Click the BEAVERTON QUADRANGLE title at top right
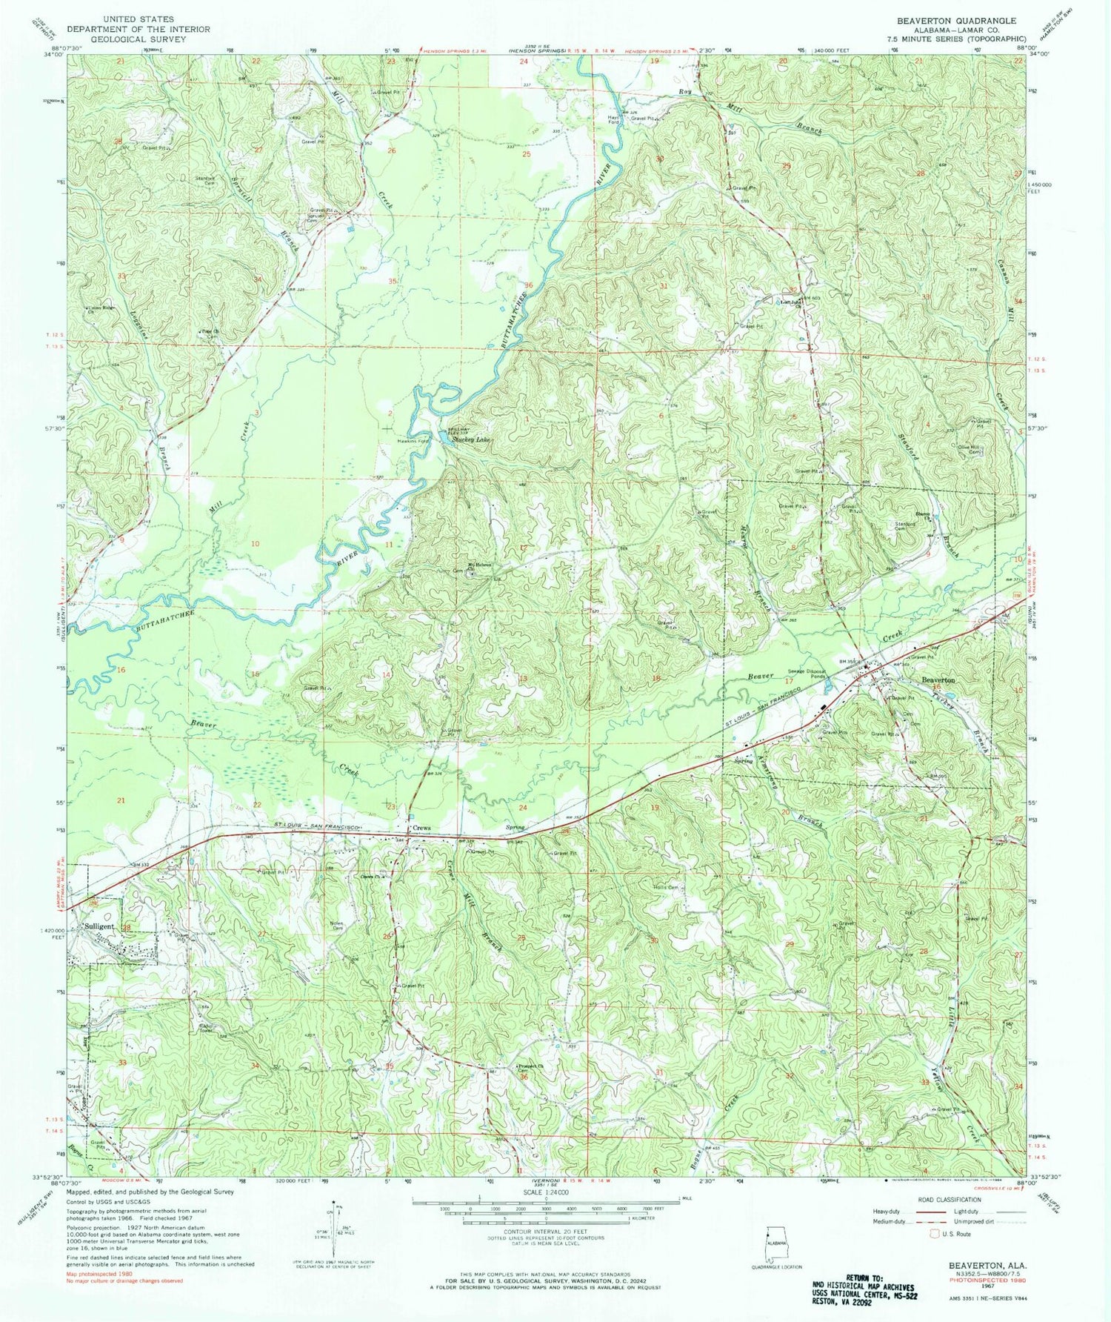tap(955, 21)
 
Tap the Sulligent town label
tap(99, 926)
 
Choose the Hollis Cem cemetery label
tap(666, 887)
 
